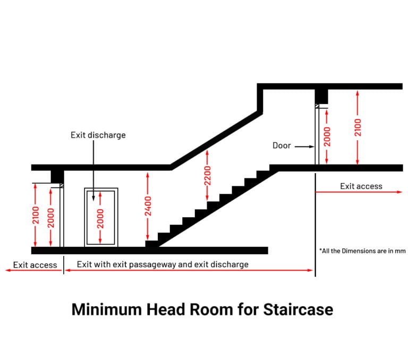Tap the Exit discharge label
point(98,135)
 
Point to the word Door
point(282,145)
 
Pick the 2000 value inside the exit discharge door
point(100,218)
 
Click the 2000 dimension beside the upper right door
point(327,136)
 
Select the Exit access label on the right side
point(361,186)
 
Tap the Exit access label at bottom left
point(35,265)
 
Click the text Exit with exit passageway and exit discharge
point(163,264)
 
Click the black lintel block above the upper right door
point(321,96)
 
